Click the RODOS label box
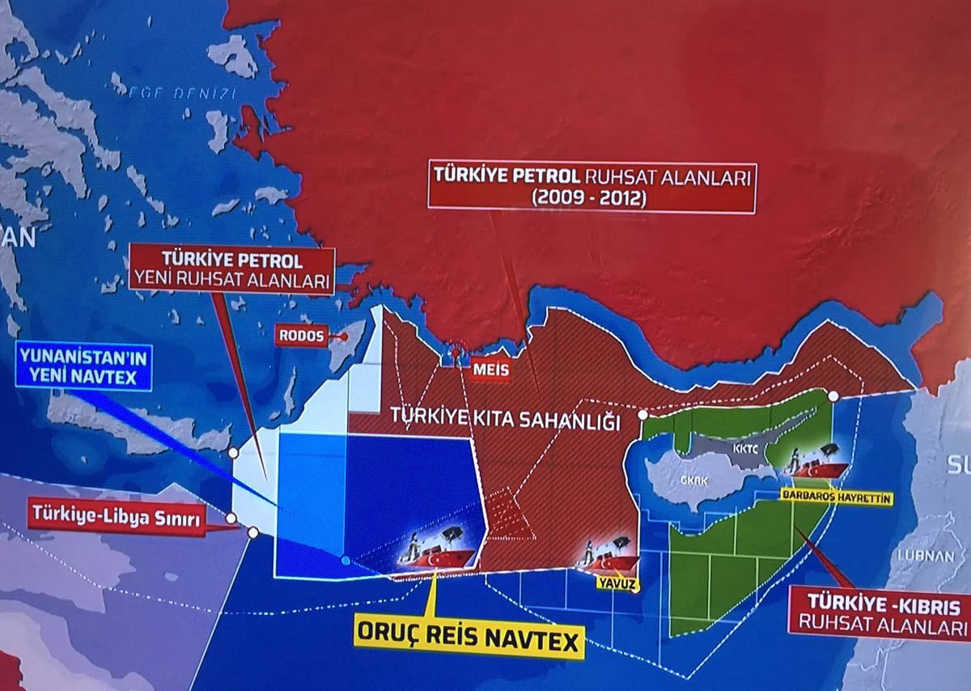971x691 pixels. pyautogui.click(x=301, y=335)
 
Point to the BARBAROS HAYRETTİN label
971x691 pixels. pyautogui.click(x=837, y=498)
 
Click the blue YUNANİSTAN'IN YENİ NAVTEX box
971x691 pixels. pyautogui.click(x=84, y=365)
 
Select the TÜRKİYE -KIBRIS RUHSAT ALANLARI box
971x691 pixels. pyautogui.click(x=879, y=615)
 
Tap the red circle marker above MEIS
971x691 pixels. pyautogui.click(x=457, y=354)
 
